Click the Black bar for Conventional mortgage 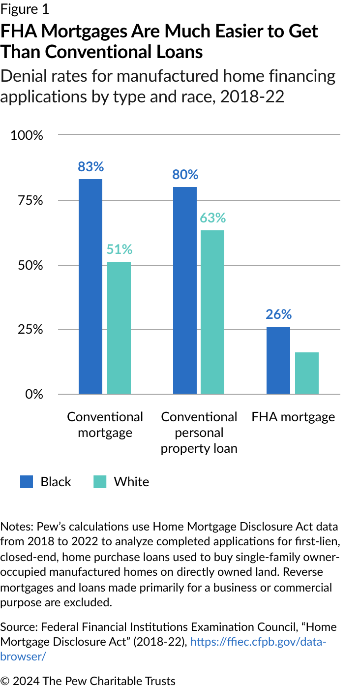(90, 286)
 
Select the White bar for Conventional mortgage (119, 328)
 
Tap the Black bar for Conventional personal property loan (184, 290)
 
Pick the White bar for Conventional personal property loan (212, 312)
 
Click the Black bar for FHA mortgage (278, 360)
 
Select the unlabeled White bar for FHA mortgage (307, 373)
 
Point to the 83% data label (90, 167)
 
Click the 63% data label (212, 218)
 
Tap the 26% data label (279, 314)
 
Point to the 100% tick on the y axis (28, 135)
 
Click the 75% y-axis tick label (30, 200)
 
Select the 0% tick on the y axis (34, 394)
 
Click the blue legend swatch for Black (27, 482)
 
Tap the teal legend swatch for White (100, 482)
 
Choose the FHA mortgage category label (293, 417)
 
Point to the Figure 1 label (25, 10)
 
